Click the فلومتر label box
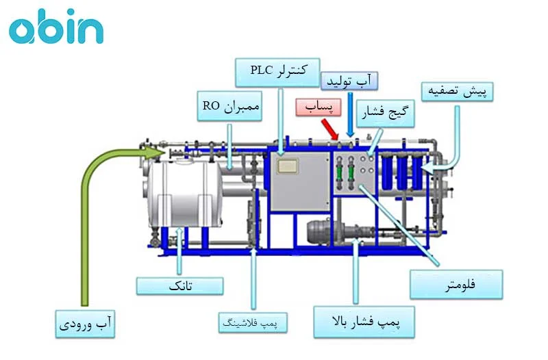pos(456,283)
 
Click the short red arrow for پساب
pos(328,128)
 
